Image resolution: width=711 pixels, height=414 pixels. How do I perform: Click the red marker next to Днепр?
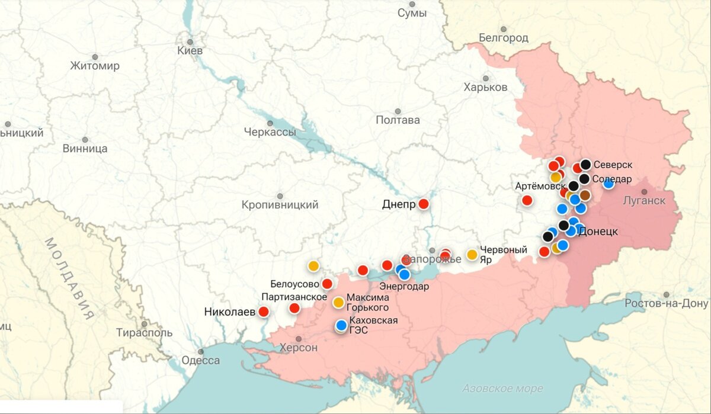(x=424, y=204)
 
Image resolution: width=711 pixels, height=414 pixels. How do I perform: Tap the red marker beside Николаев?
(x=264, y=311)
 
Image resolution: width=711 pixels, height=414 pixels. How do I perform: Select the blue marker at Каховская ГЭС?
(x=341, y=325)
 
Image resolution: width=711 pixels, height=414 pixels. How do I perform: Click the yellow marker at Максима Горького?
(x=338, y=302)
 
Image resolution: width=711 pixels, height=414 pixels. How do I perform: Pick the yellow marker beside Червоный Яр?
(x=472, y=255)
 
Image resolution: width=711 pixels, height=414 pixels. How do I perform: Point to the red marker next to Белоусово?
(x=327, y=284)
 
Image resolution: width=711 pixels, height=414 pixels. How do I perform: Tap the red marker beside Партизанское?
(x=294, y=307)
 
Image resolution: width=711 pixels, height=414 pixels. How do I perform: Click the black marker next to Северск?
(x=585, y=165)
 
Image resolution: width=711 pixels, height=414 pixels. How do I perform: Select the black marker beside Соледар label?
(x=584, y=179)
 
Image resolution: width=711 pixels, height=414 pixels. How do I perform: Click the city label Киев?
(x=190, y=51)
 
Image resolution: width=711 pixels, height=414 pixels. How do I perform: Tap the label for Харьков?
(x=485, y=87)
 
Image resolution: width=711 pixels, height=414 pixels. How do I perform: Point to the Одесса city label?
(x=200, y=360)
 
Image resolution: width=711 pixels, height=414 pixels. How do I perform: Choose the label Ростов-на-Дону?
(x=666, y=303)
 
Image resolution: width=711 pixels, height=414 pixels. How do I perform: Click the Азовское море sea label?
(x=502, y=389)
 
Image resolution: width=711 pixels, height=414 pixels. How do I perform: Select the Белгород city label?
(x=503, y=38)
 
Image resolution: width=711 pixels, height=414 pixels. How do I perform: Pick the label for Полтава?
(x=398, y=120)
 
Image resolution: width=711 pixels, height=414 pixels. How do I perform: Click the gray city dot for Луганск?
(x=644, y=191)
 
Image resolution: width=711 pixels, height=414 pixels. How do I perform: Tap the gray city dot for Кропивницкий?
(x=280, y=196)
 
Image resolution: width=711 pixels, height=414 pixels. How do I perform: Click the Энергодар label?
(x=404, y=287)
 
